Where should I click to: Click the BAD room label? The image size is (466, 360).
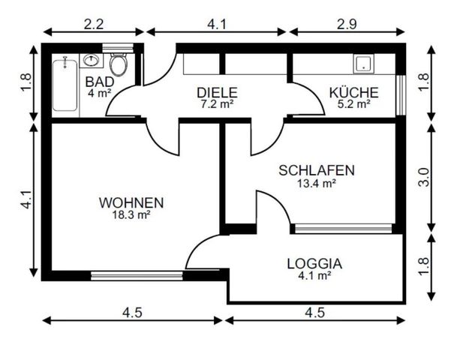pos(99,81)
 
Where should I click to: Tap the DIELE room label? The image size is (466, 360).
pos(217,92)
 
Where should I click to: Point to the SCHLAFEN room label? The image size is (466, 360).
pos(316,169)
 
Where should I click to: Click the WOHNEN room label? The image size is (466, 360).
pos(131,202)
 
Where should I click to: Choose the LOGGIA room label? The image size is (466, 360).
pos(314,263)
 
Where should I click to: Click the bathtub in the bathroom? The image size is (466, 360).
pos(65,84)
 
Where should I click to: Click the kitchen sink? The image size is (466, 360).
pos(365,64)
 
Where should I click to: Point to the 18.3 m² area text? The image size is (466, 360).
pos(131,214)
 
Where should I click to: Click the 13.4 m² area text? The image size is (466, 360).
pos(316,181)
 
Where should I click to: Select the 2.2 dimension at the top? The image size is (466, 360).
pos(93,23)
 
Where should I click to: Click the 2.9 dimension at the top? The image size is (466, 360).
pos(346,23)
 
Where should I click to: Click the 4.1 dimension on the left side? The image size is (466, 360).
pos(26,199)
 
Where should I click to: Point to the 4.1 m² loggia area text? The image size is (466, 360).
pos(314,275)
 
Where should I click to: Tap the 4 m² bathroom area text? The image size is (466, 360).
pos(99,93)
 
